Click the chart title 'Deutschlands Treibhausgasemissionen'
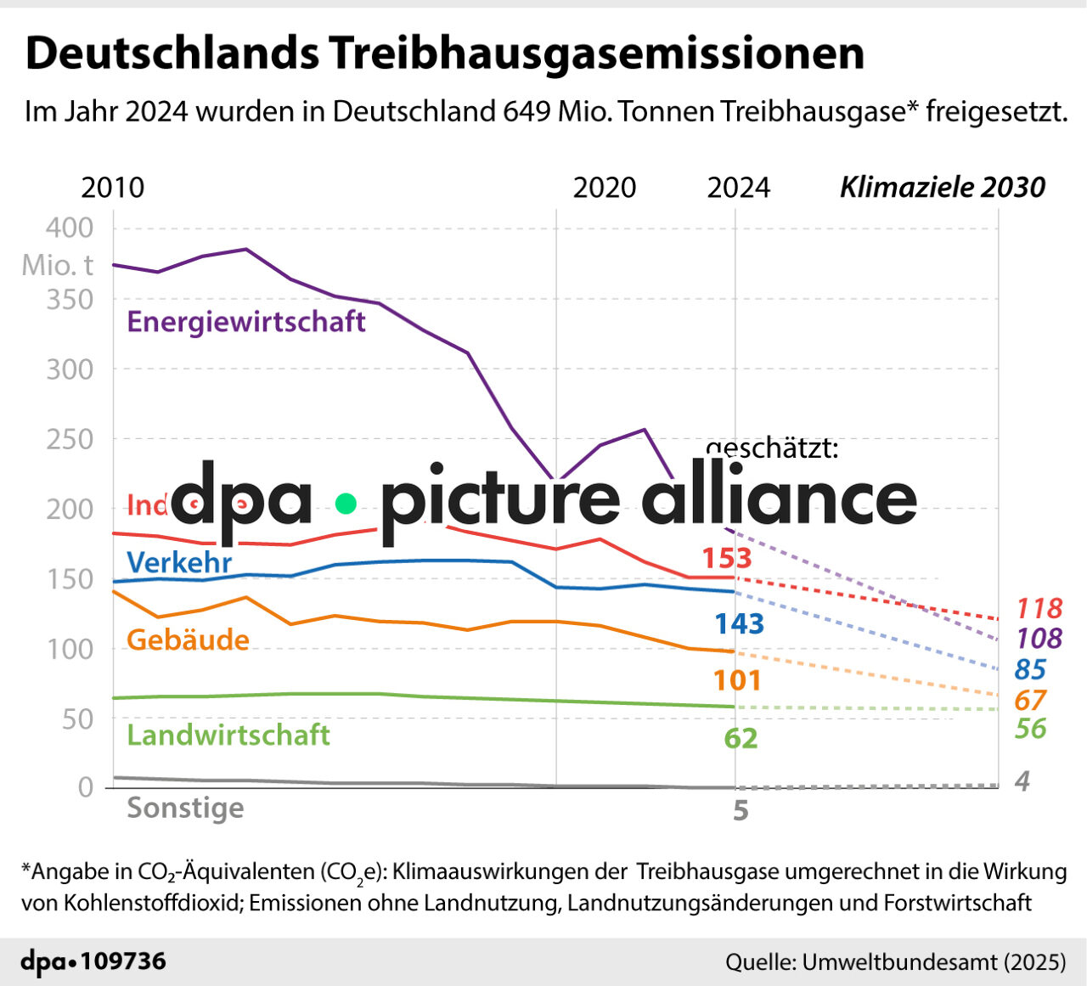pos(445,54)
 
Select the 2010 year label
pos(112,188)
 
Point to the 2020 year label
pos(604,188)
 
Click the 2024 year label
pos(738,188)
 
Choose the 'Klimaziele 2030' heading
pos(942,188)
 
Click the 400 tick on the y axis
pos(70,228)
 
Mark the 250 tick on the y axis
pos(70,439)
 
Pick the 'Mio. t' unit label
pos(57,265)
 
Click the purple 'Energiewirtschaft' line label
pos(246,322)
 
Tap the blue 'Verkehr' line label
pos(179,562)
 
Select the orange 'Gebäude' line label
pos(188,639)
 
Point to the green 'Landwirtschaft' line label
pos(228,735)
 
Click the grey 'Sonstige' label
pos(185,808)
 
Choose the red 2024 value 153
pos(727,558)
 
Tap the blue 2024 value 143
pos(739,624)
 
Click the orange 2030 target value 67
pos(1030,701)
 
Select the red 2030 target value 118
pos(1039,608)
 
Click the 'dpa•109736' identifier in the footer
pos(93,961)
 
